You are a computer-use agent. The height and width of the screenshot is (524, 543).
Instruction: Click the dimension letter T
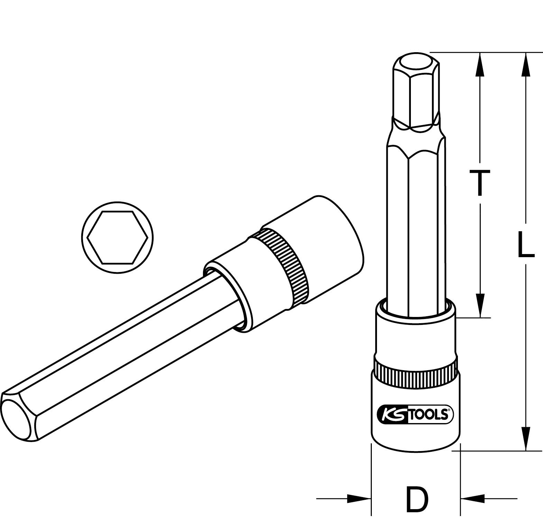(479, 183)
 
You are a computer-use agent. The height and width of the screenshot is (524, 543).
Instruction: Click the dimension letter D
(417, 499)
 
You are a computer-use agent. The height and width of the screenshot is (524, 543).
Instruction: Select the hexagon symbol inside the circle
(118, 237)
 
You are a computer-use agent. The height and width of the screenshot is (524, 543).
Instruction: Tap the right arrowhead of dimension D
(473, 498)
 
